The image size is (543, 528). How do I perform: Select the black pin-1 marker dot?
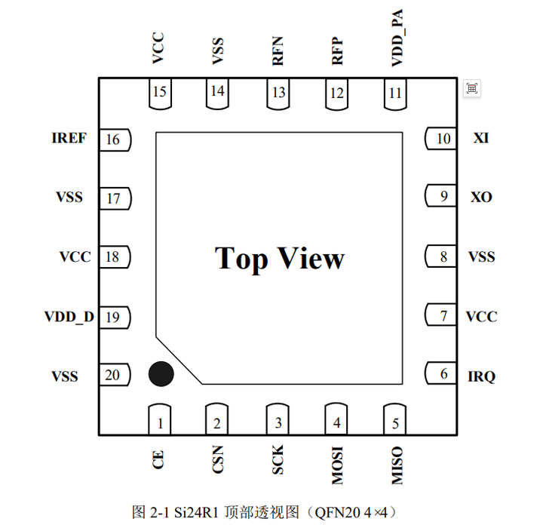(161, 373)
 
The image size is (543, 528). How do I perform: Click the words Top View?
(280, 259)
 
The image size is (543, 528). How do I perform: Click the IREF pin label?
(69, 139)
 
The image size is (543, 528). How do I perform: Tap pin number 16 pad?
(115, 140)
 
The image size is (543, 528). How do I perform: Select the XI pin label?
(480, 139)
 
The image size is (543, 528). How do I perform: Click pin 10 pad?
(441, 139)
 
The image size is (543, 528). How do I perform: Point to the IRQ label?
(482, 376)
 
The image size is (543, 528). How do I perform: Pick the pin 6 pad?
(441, 373)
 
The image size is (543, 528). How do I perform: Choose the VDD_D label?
(69, 317)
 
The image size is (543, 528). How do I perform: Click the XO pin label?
(481, 198)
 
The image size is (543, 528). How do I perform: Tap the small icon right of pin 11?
(471, 88)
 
